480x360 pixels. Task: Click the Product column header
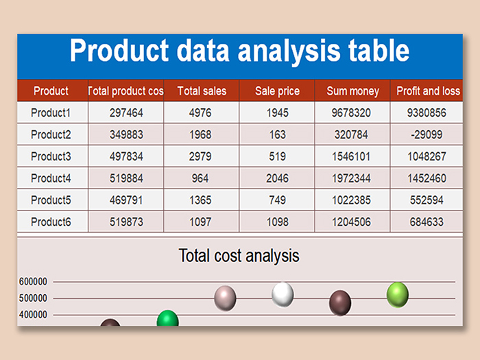pyautogui.click(x=51, y=91)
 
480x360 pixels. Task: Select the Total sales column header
pyautogui.click(x=202, y=91)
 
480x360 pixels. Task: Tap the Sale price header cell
pyautogui.click(x=277, y=91)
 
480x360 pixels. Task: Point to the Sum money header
pyautogui.click(x=352, y=91)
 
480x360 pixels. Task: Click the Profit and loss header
pyautogui.click(x=429, y=91)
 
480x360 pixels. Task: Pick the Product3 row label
pyautogui.click(x=51, y=156)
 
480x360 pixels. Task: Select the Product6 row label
pyautogui.click(x=51, y=222)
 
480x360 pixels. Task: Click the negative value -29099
pyautogui.click(x=427, y=134)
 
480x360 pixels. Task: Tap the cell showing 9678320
pyautogui.click(x=351, y=112)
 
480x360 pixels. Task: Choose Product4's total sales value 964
pyautogui.click(x=200, y=178)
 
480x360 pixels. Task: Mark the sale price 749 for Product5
pyautogui.click(x=277, y=200)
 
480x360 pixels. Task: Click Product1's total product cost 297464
pyautogui.click(x=126, y=112)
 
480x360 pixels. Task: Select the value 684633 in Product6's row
pyautogui.click(x=427, y=222)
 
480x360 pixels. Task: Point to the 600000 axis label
pyautogui.click(x=33, y=281)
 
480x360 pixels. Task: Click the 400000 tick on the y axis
pyautogui.click(x=33, y=314)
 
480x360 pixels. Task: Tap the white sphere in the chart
pyautogui.click(x=283, y=294)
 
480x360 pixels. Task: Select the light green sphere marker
pyautogui.click(x=398, y=295)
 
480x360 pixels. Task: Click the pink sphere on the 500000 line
pyautogui.click(x=225, y=298)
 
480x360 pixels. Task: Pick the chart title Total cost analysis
pyautogui.click(x=239, y=256)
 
